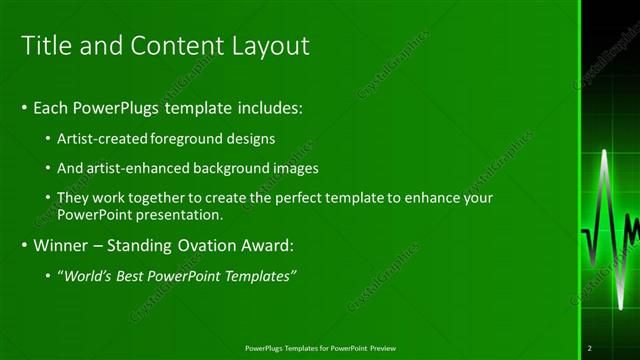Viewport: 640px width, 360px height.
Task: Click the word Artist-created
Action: tap(103, 138)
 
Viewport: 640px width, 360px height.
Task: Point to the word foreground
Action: tap(188, 138)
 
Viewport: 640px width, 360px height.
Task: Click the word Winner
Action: tap(61, 244)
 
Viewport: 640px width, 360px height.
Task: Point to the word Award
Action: tap(261, 244)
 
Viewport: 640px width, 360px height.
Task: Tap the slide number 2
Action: tap(590, 348)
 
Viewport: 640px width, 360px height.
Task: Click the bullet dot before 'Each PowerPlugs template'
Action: tap(24, 107)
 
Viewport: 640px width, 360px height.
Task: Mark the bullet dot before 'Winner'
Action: tap(24, 244)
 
